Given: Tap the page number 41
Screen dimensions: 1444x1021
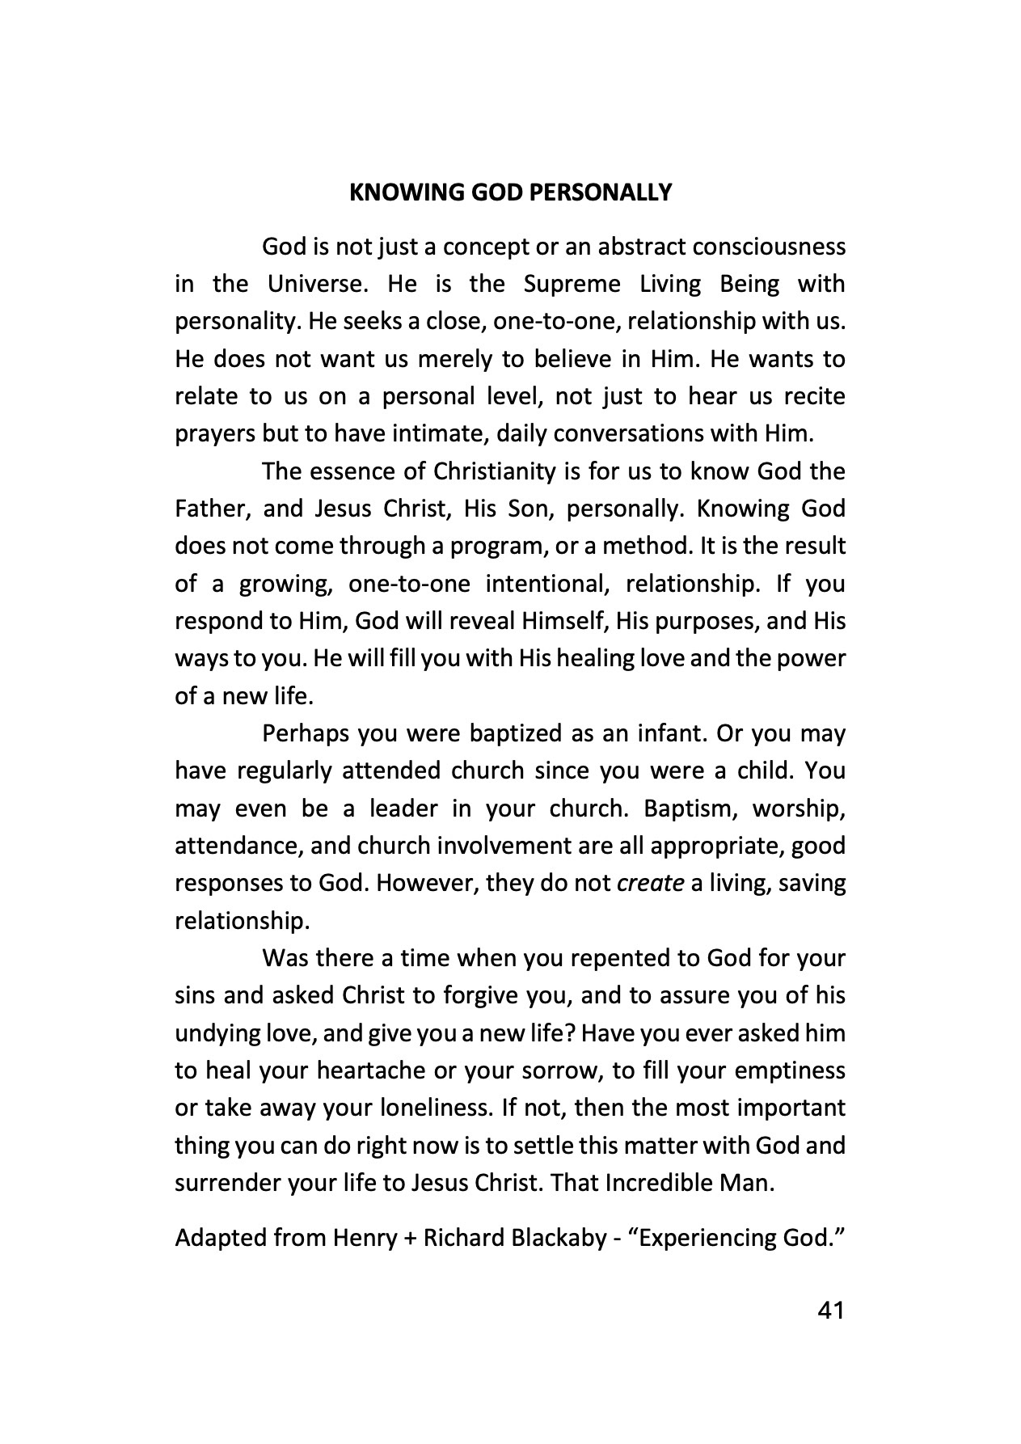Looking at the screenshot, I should [x=831, y=1311].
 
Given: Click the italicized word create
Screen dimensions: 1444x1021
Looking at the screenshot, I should [x=651, y=883].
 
